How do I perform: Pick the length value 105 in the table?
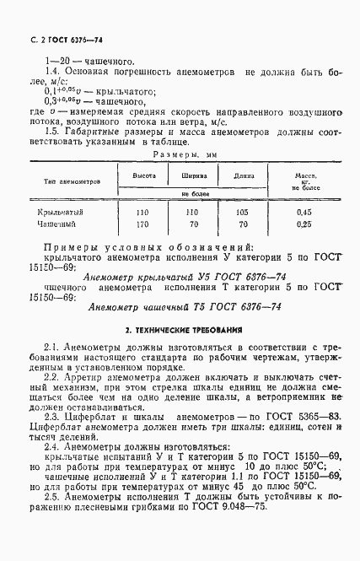(243, 213)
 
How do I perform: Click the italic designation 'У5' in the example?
(197, 275)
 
